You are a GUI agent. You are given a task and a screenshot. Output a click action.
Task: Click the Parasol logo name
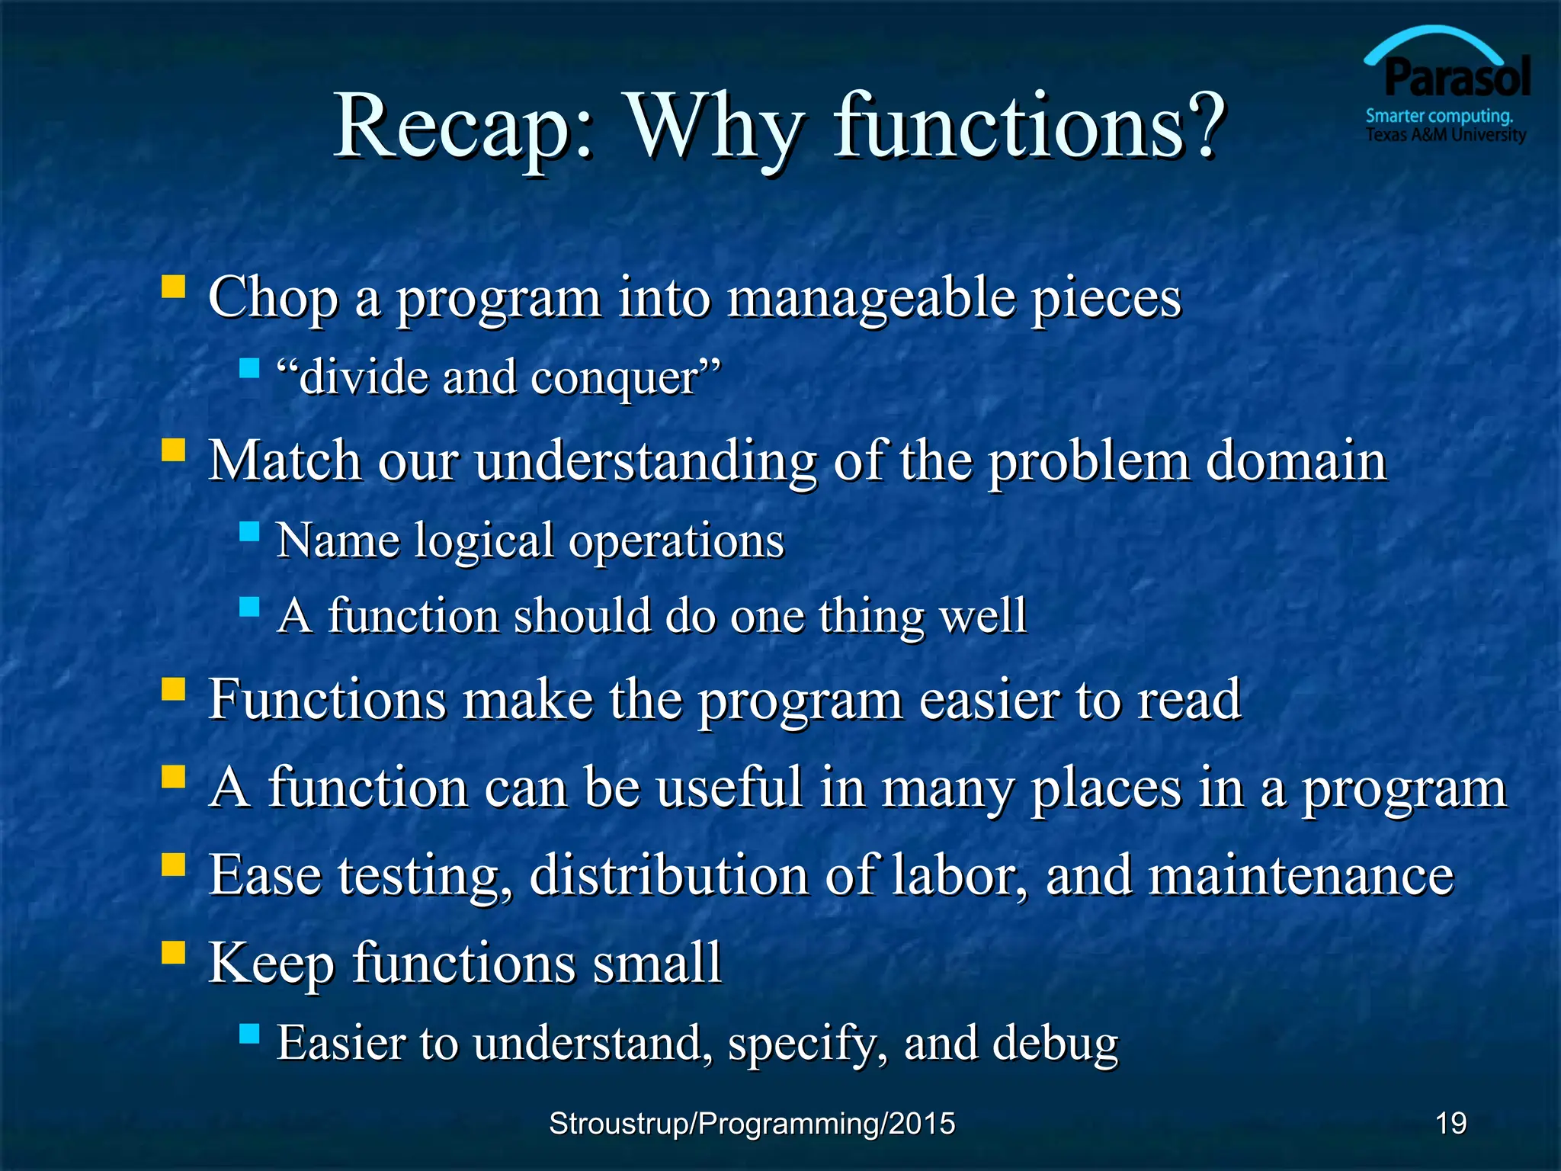point(1457,79)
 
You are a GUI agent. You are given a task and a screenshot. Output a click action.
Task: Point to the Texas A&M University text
point(1445,136)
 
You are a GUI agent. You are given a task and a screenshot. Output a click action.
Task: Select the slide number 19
point(1450,1123)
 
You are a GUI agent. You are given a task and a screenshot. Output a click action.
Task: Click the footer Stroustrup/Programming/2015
point(752,1124)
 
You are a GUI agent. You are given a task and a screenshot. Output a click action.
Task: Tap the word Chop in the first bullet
point(273,299)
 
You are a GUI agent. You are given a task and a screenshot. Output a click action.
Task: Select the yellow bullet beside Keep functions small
point(174,952)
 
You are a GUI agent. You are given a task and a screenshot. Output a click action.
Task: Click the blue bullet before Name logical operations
point(249,531)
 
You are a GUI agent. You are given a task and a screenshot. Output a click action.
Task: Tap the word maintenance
point(1300,875)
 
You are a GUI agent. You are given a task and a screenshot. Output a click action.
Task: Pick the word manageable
point(870,299)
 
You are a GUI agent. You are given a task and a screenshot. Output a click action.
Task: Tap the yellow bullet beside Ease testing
point(174,865)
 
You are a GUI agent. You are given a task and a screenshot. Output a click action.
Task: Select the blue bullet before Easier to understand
point(249,1034)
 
